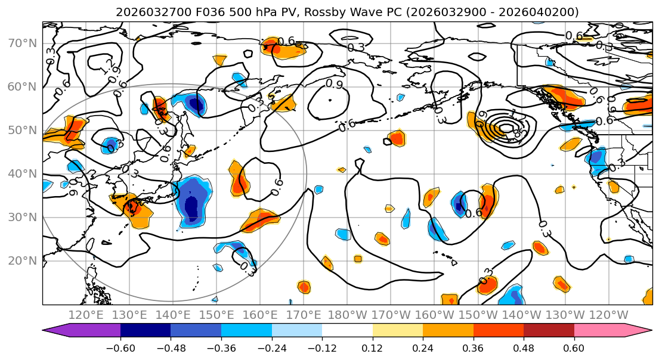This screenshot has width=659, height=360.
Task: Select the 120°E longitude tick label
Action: pos(86,315)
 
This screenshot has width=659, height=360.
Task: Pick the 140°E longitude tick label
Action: pos(173,315)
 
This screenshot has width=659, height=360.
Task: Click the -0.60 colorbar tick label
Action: pos(120,346)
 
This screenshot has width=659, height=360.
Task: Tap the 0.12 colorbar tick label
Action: pos(372,346)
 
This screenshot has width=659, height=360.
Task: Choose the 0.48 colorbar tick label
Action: pos(524,346)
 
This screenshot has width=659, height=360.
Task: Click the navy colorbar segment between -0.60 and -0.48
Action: pos(146,331)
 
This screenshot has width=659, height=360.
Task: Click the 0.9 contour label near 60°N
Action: pos(335,85)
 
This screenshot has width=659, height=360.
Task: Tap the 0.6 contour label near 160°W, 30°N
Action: pos(474,213)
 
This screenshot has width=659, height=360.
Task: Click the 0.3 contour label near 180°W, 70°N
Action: pos(356,47)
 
